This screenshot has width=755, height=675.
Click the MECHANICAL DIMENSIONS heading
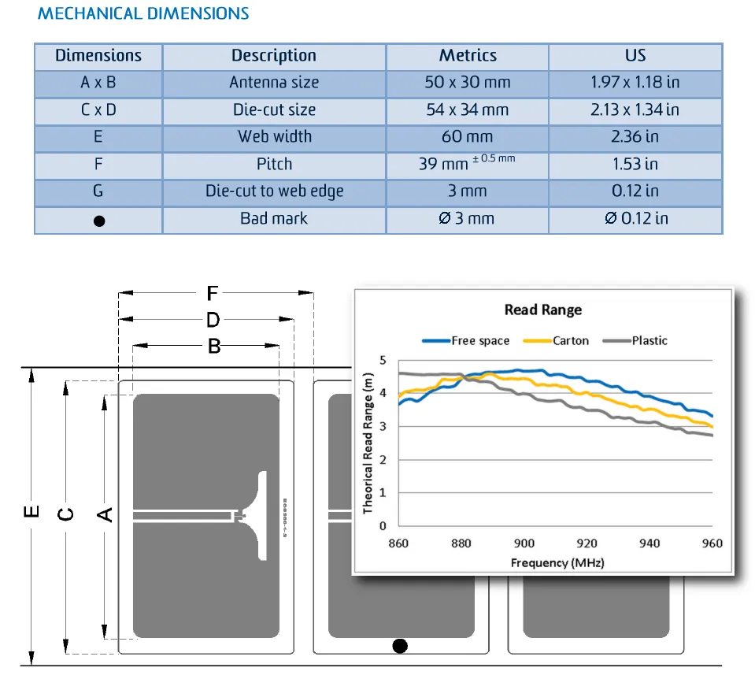click(143, 14)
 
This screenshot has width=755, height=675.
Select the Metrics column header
click(468, 56)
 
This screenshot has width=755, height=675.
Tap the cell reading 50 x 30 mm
click(468, 83)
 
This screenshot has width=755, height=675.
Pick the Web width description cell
click(274, 137)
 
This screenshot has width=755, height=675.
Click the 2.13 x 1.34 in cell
click(635, 110)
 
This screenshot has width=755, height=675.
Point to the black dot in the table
click(99, 221)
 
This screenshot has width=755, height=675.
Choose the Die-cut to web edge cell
click(274, 191)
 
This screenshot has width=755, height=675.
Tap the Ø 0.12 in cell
click(635, 218)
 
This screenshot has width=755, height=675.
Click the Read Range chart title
click(542, 310)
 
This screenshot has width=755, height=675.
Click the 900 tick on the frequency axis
click(524, 543)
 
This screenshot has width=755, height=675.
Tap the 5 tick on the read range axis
click(383, 360)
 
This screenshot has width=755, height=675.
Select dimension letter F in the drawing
click(212, 294)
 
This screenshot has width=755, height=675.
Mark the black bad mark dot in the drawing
click(400, 647)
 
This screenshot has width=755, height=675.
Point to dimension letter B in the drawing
click(213, 346)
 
